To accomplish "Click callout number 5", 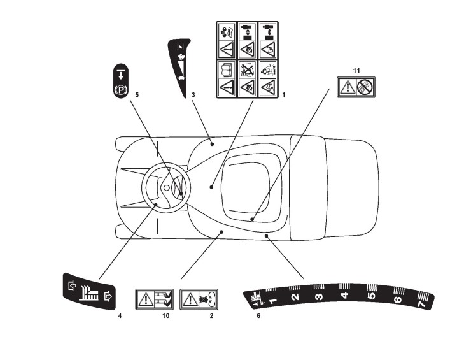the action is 136,94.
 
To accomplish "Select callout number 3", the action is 193,94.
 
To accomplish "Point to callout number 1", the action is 283,94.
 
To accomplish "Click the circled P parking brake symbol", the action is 120,89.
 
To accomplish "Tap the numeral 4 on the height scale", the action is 345,295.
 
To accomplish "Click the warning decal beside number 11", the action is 355,86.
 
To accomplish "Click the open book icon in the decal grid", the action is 226,68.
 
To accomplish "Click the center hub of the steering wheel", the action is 164,189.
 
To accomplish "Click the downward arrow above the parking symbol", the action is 120,73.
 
